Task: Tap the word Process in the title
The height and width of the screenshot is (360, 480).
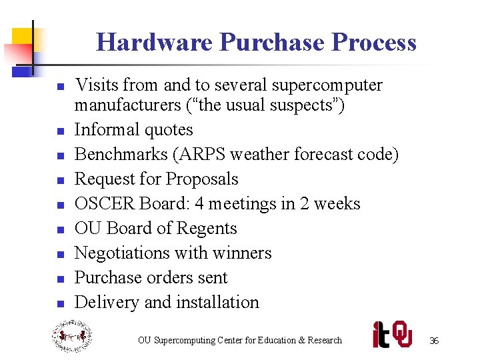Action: point(374,43)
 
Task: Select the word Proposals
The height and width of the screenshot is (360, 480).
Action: point(202,179)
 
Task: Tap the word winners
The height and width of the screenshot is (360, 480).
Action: point(241,253)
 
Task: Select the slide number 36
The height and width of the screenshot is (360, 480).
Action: point(434,341)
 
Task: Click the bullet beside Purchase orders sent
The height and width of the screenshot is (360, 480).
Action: point(60,279)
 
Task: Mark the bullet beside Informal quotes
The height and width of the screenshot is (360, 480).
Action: point(60,131)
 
